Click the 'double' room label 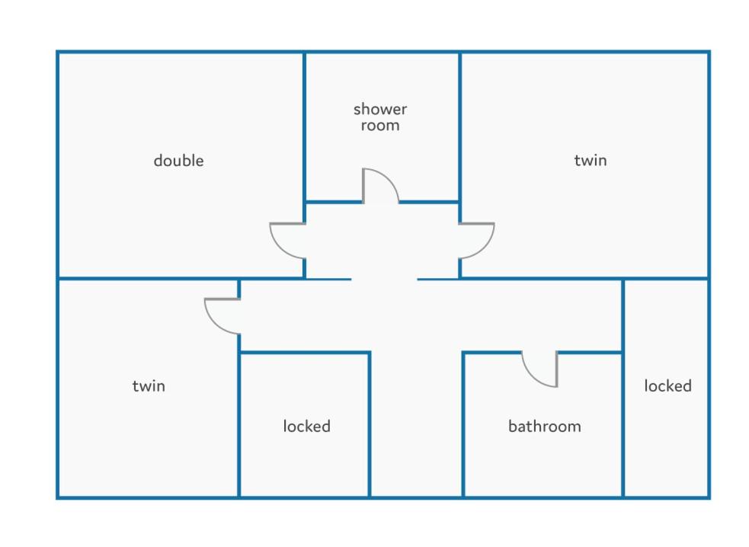178,161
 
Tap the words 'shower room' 380,117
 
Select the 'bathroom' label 545,426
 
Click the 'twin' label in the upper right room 591,161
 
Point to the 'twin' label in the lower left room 149,386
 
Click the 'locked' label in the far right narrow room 667,386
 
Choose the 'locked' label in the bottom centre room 306,426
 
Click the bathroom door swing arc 531,377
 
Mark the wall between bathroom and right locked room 623,388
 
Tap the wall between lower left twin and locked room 238,424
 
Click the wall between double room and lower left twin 181,278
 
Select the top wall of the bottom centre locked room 304,353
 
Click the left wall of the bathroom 463,424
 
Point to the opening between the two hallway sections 385,279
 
